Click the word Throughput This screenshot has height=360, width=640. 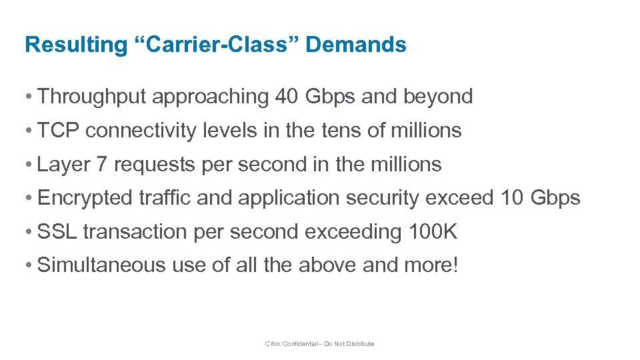93,97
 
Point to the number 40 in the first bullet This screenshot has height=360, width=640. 287,97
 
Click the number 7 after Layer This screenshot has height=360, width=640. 101,164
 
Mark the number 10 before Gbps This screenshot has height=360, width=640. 511,198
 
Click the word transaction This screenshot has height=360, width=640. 135,231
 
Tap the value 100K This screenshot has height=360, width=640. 431,231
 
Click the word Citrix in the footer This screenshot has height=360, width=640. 273,344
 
